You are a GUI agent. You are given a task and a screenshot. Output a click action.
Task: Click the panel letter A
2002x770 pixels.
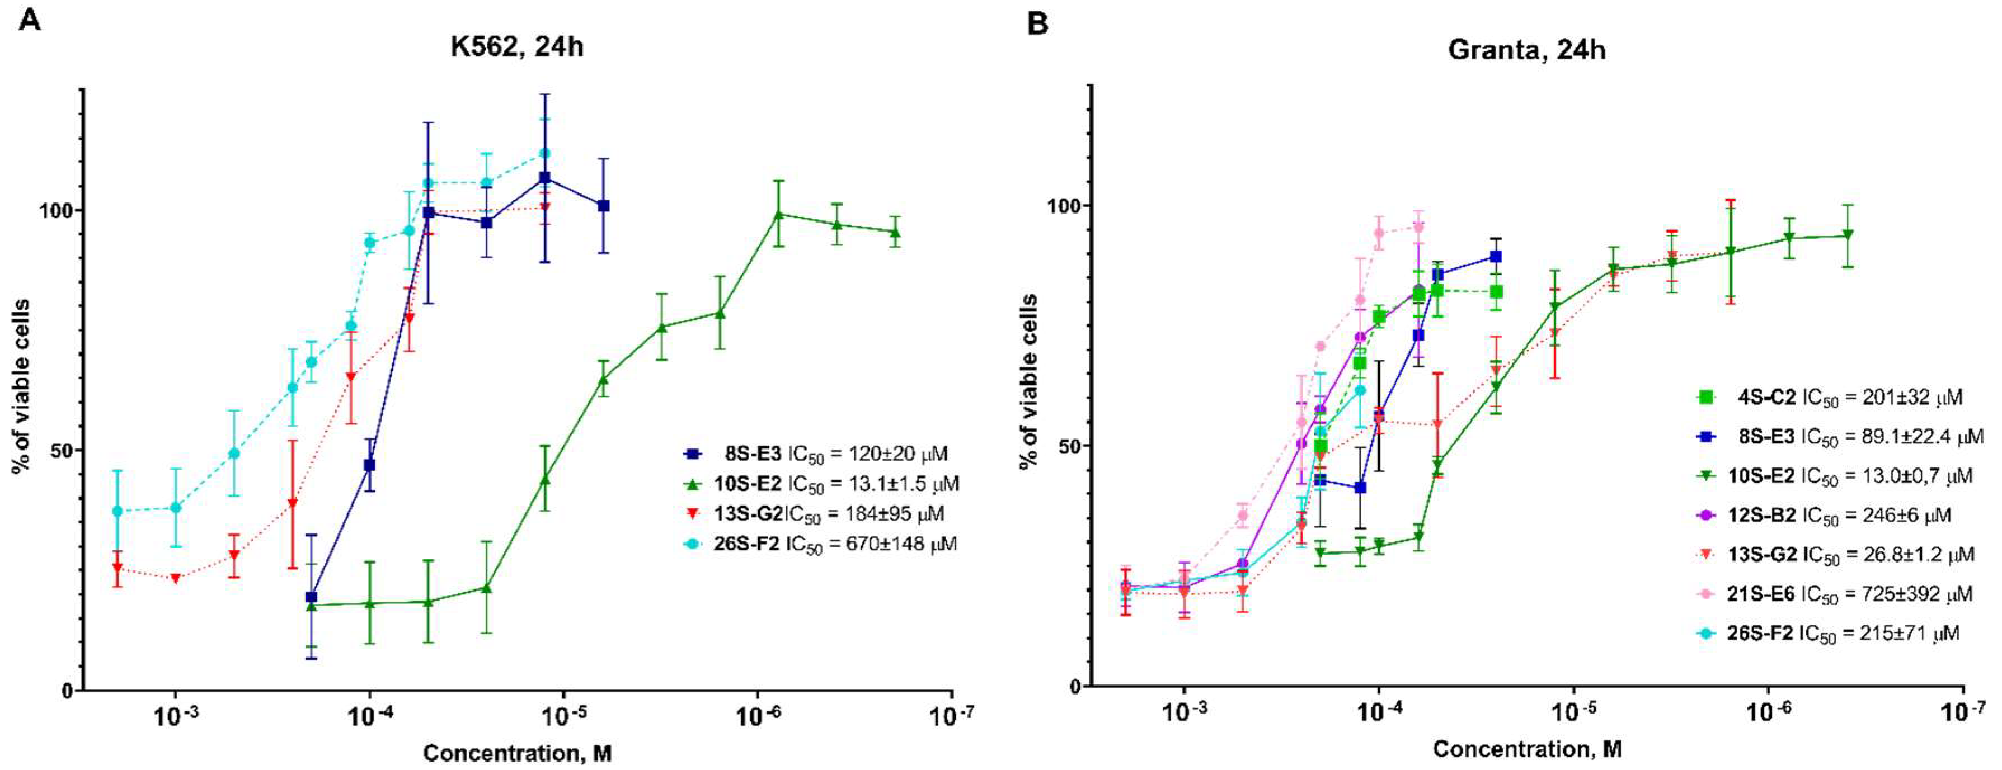(30, 20)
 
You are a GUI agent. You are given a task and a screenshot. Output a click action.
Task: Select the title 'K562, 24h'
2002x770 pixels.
(517, 48)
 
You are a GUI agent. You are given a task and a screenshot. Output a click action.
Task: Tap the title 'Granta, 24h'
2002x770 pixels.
(1526, 50)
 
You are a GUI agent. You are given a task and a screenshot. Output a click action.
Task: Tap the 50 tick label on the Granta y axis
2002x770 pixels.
(1069, 447)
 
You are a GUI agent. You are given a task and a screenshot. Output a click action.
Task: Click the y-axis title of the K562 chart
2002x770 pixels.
(22, 386)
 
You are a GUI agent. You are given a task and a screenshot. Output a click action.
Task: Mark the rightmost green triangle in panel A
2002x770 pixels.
(895, 232)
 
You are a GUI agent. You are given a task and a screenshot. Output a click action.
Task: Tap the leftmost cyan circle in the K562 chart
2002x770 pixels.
(118, 511)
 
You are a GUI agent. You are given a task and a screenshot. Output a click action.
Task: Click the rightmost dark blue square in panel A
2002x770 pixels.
(603, 206)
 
